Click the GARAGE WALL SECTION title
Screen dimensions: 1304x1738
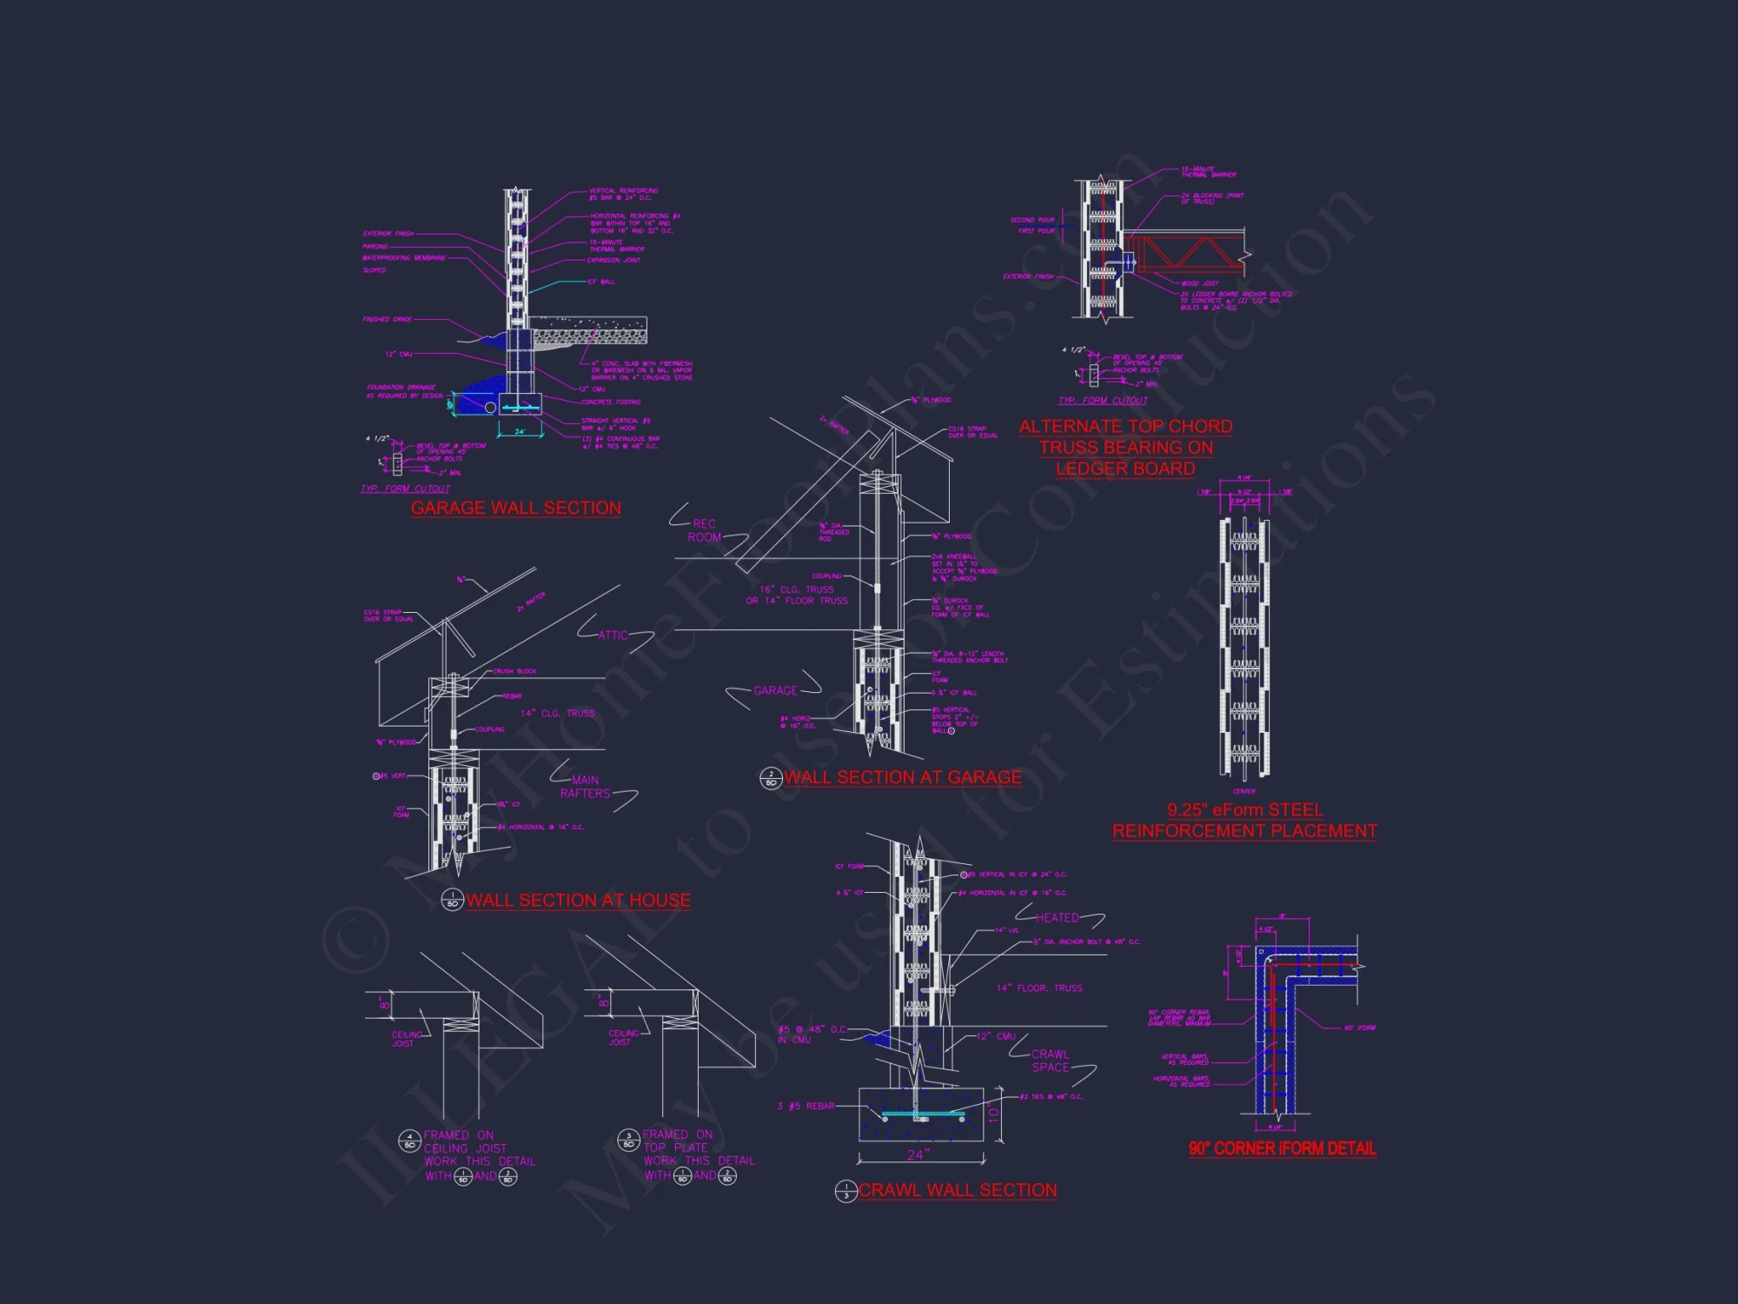click(x=515, y=508)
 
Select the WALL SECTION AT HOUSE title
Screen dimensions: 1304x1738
click(x=578, y=901)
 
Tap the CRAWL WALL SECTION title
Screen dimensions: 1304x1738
click(x=958, y=1190)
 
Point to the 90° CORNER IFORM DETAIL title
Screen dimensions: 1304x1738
click(x=1283, y=1148)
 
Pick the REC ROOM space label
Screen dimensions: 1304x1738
click(x=704, y=530)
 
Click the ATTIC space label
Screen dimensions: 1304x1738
click(x=613, y=635)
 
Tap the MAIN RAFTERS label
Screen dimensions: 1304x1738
click(x=585, y=787)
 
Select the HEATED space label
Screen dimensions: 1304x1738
click(x=1057, y=918)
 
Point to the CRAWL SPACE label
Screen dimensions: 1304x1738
click(x=1050, y=1061)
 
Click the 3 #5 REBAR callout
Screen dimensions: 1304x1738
click(x=806, y=1106)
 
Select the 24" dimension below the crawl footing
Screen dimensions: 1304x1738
click(x=919, y=1154)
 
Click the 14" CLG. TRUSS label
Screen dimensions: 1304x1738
click(x=558, y=714)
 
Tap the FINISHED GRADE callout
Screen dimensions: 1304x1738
click(x=388, y=320)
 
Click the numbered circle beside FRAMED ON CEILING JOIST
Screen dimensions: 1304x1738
click(x=410, y=1141)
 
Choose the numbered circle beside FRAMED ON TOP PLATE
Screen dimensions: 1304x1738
click(x=628, y=1140)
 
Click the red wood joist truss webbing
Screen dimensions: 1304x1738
click(x=1191, y=255)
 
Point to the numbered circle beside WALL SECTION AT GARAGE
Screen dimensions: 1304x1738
click(x=771, y=778)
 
